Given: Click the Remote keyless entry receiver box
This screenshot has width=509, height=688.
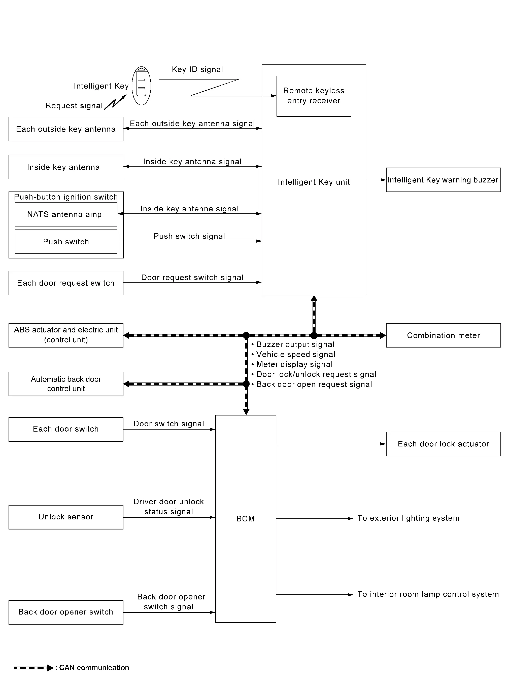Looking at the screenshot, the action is coord(314,96).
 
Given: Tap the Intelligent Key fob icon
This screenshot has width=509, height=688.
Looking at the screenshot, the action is coord(142,86).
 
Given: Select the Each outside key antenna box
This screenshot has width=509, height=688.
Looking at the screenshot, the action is coord(66,129).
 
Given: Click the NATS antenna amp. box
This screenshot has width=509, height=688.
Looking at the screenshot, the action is coord(66,214).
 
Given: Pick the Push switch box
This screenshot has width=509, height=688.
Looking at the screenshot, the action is coord(66,242).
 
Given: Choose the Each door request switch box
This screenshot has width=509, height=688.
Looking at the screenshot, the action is coord(66,283).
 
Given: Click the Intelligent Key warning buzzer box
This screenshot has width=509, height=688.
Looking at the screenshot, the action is coord(443,180).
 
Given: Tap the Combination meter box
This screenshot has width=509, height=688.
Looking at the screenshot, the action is coord(443,335).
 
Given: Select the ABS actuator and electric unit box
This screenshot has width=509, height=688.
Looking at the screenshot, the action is coord(66,335).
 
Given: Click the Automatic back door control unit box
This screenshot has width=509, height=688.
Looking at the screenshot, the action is coord(66,384).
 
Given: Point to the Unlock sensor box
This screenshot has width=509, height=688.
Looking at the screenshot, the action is coord(66,517).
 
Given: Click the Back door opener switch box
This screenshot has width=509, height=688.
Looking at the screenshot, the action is coord(66,612).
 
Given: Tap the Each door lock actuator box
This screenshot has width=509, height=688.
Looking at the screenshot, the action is coord(443,444).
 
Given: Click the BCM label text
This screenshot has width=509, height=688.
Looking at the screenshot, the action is coord(246,519).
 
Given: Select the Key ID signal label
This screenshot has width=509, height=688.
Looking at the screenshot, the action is coord(197,69).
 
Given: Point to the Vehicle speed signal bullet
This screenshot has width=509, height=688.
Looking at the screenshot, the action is coord(293,355).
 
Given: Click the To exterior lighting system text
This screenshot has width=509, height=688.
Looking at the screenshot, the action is coord(409,518).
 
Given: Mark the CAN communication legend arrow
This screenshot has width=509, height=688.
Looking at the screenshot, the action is coord(33,668).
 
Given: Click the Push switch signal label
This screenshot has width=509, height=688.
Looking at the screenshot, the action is coord(189,236).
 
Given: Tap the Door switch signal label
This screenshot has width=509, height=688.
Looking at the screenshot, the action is coord(168,424).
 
